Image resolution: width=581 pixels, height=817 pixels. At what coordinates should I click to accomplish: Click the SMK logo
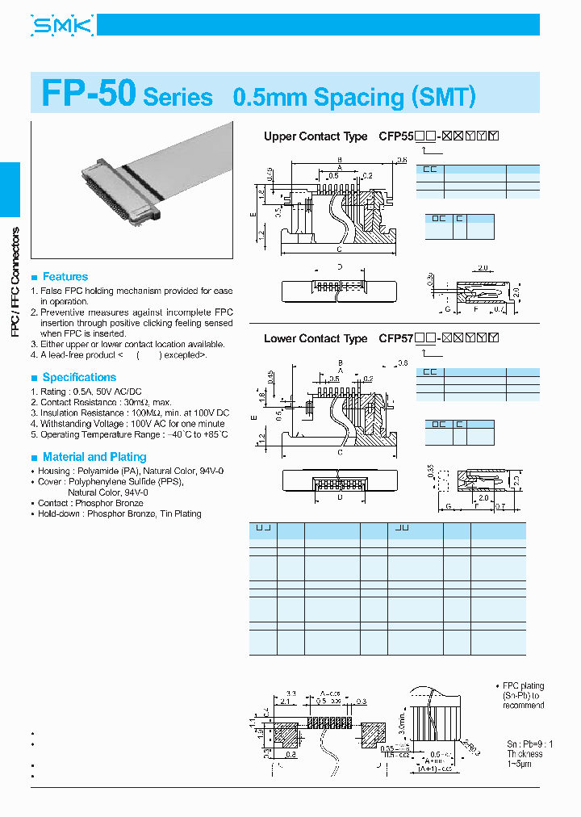[x=62, y=26]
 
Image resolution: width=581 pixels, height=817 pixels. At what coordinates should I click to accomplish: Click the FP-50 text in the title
[x=89, y=94]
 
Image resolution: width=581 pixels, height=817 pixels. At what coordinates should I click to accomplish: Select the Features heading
[x=65, y=277]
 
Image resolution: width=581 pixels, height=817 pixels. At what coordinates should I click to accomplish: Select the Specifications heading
[x=79, y=377]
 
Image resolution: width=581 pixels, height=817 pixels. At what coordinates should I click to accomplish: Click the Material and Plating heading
[x=94, y=456]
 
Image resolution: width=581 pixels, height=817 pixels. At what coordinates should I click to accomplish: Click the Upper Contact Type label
[x=314, y=136]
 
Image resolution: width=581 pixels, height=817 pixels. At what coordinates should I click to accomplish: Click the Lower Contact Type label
[x=315, y=339]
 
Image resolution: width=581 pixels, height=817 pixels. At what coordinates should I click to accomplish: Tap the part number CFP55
[x=395, y=136]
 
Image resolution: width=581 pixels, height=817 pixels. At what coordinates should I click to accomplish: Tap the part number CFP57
[x=395, y=339]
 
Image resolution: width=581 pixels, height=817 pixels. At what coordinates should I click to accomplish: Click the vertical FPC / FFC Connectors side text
[x=14, y=282]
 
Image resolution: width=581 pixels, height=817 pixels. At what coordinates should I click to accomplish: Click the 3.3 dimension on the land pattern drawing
[x=291, y=693]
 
